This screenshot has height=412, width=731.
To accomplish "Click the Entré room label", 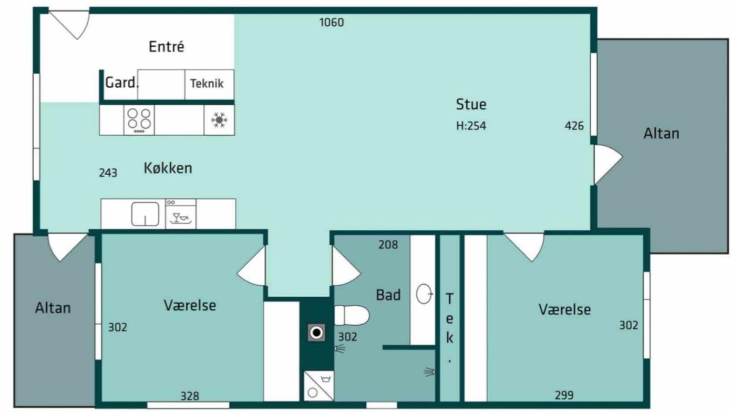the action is pyautogui.click(x=167, y=47).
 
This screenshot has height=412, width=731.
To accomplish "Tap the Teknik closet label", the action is pyautogui.click(x=207, y=84).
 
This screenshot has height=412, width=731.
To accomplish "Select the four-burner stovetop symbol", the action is pyautogui.click(x=139, y=120).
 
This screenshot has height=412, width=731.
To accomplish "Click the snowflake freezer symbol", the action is pyautogui.click(x=219, y=120).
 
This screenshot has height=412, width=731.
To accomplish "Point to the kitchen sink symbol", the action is pyautogui.click(x=145, y=214).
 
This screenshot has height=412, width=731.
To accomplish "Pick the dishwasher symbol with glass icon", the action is pyautogui.click(x=180, y=214).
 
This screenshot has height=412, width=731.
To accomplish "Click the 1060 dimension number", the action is pyautogui.click(x=332, y=23).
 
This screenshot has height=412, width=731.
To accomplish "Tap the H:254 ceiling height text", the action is pyautogui.click(x=471, y=126).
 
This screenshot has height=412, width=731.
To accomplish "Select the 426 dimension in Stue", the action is pyautogui.click(x=574, y=126).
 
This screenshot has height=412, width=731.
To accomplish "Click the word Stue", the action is pyautogui.click(x=471, y=105).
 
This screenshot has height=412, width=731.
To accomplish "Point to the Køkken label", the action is pyautogui.click(x=168, y=168).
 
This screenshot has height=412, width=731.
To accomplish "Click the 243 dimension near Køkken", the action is pyautogui.click(x=108, y=173).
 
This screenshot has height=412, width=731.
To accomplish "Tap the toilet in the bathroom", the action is pyautogui.click(x=352, y=315).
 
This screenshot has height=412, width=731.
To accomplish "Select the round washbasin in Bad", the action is pyautogui.click(x=424, y=294).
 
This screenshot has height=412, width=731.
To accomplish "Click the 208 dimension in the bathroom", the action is pyautogui.click(x=388, y=245).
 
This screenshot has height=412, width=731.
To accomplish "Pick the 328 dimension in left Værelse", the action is pyautogui.click(x=190, y=396).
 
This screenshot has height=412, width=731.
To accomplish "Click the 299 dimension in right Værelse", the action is pyautogui.click(x=564, y=395).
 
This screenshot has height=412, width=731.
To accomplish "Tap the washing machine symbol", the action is pyautogui.click(x=319, y=386).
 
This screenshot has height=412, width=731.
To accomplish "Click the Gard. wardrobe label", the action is pyautogui.click(x=121, y=83).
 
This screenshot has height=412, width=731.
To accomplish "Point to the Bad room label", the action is pyautogui.click(x=388, y=295).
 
